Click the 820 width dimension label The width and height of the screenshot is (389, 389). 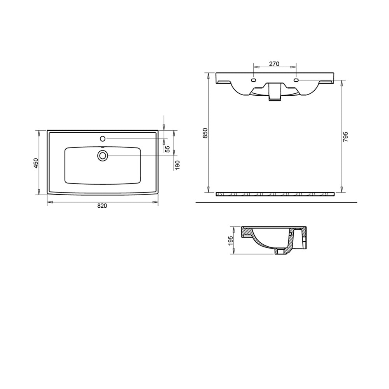(102, 206)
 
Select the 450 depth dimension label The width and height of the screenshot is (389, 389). (35, 163)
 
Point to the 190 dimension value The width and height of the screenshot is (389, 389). (177, 165)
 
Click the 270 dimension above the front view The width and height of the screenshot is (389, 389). (274, 64)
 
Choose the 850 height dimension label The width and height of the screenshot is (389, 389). (206, 133)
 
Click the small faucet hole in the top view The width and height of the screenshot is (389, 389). (103, 138)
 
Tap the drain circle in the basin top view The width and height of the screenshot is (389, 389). (103, 156)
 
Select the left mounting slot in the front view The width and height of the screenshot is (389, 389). (253, 80)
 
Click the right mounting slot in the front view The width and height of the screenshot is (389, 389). (296, 80)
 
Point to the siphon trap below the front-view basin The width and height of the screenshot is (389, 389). (275, 92)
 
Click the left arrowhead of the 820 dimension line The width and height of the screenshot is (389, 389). (49, 202)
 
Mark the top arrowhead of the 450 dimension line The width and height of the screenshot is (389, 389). (39, 133)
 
